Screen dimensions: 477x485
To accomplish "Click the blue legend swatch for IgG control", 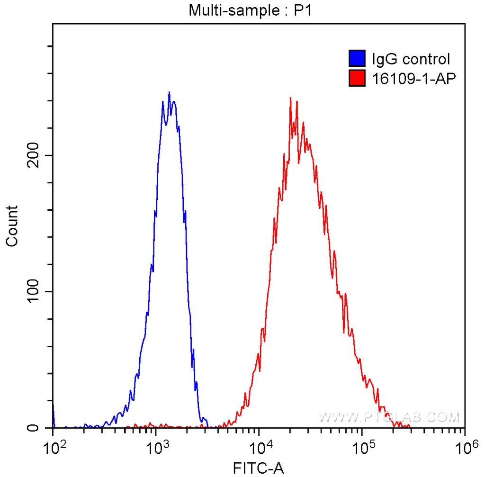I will pos(357,59).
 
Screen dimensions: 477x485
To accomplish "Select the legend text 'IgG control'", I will pos(410,59).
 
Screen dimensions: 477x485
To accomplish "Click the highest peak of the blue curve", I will pos(169,92).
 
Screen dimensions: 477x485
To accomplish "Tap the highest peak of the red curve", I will pos(290,99).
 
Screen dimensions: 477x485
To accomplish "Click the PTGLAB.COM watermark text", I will pos(388,417).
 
